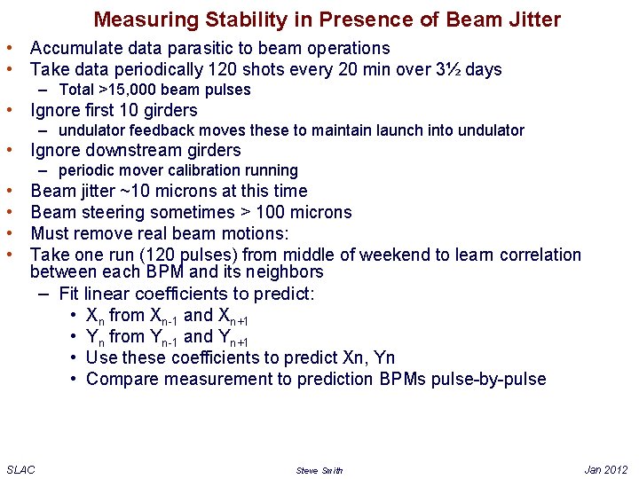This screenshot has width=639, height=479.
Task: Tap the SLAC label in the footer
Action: click(20, 469)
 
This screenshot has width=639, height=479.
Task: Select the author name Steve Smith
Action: click(319, 470)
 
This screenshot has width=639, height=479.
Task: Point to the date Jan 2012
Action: click(606, 469)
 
